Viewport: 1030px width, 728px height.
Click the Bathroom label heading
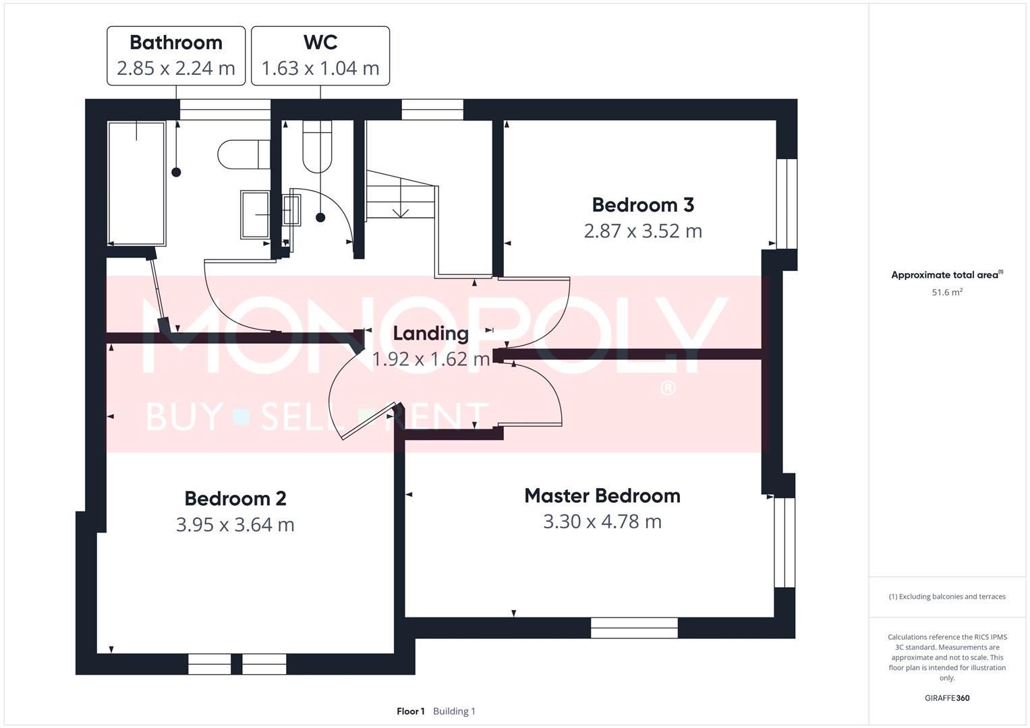coord(176,42)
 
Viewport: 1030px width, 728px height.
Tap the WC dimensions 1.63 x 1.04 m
coord(320,68)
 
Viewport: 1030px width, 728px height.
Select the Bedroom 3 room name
coord(643,205)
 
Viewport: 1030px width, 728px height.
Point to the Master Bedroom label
coord(602,496)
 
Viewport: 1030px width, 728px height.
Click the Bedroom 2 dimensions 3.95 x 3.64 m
coord(235,524)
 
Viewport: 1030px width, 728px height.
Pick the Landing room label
coord(430,333)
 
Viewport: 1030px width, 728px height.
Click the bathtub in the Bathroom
coord(137,183)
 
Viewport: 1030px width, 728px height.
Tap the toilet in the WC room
coord(317,146)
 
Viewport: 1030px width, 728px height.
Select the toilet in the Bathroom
coord(243,154)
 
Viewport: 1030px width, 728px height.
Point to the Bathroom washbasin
coord(255,214)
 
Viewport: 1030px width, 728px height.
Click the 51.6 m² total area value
coord(947,293)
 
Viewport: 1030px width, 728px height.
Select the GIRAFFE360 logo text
coord(947,698)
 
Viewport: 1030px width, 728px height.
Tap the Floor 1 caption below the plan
coord(411,711)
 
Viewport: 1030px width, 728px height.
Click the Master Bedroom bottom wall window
coord(634,628)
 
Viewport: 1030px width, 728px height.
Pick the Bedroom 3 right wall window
coord(786,204)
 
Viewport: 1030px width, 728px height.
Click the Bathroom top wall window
coord(225,109)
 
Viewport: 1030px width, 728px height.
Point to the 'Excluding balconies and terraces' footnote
coord(947,597)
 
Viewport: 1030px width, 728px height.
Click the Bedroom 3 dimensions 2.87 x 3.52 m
coord(643,231)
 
